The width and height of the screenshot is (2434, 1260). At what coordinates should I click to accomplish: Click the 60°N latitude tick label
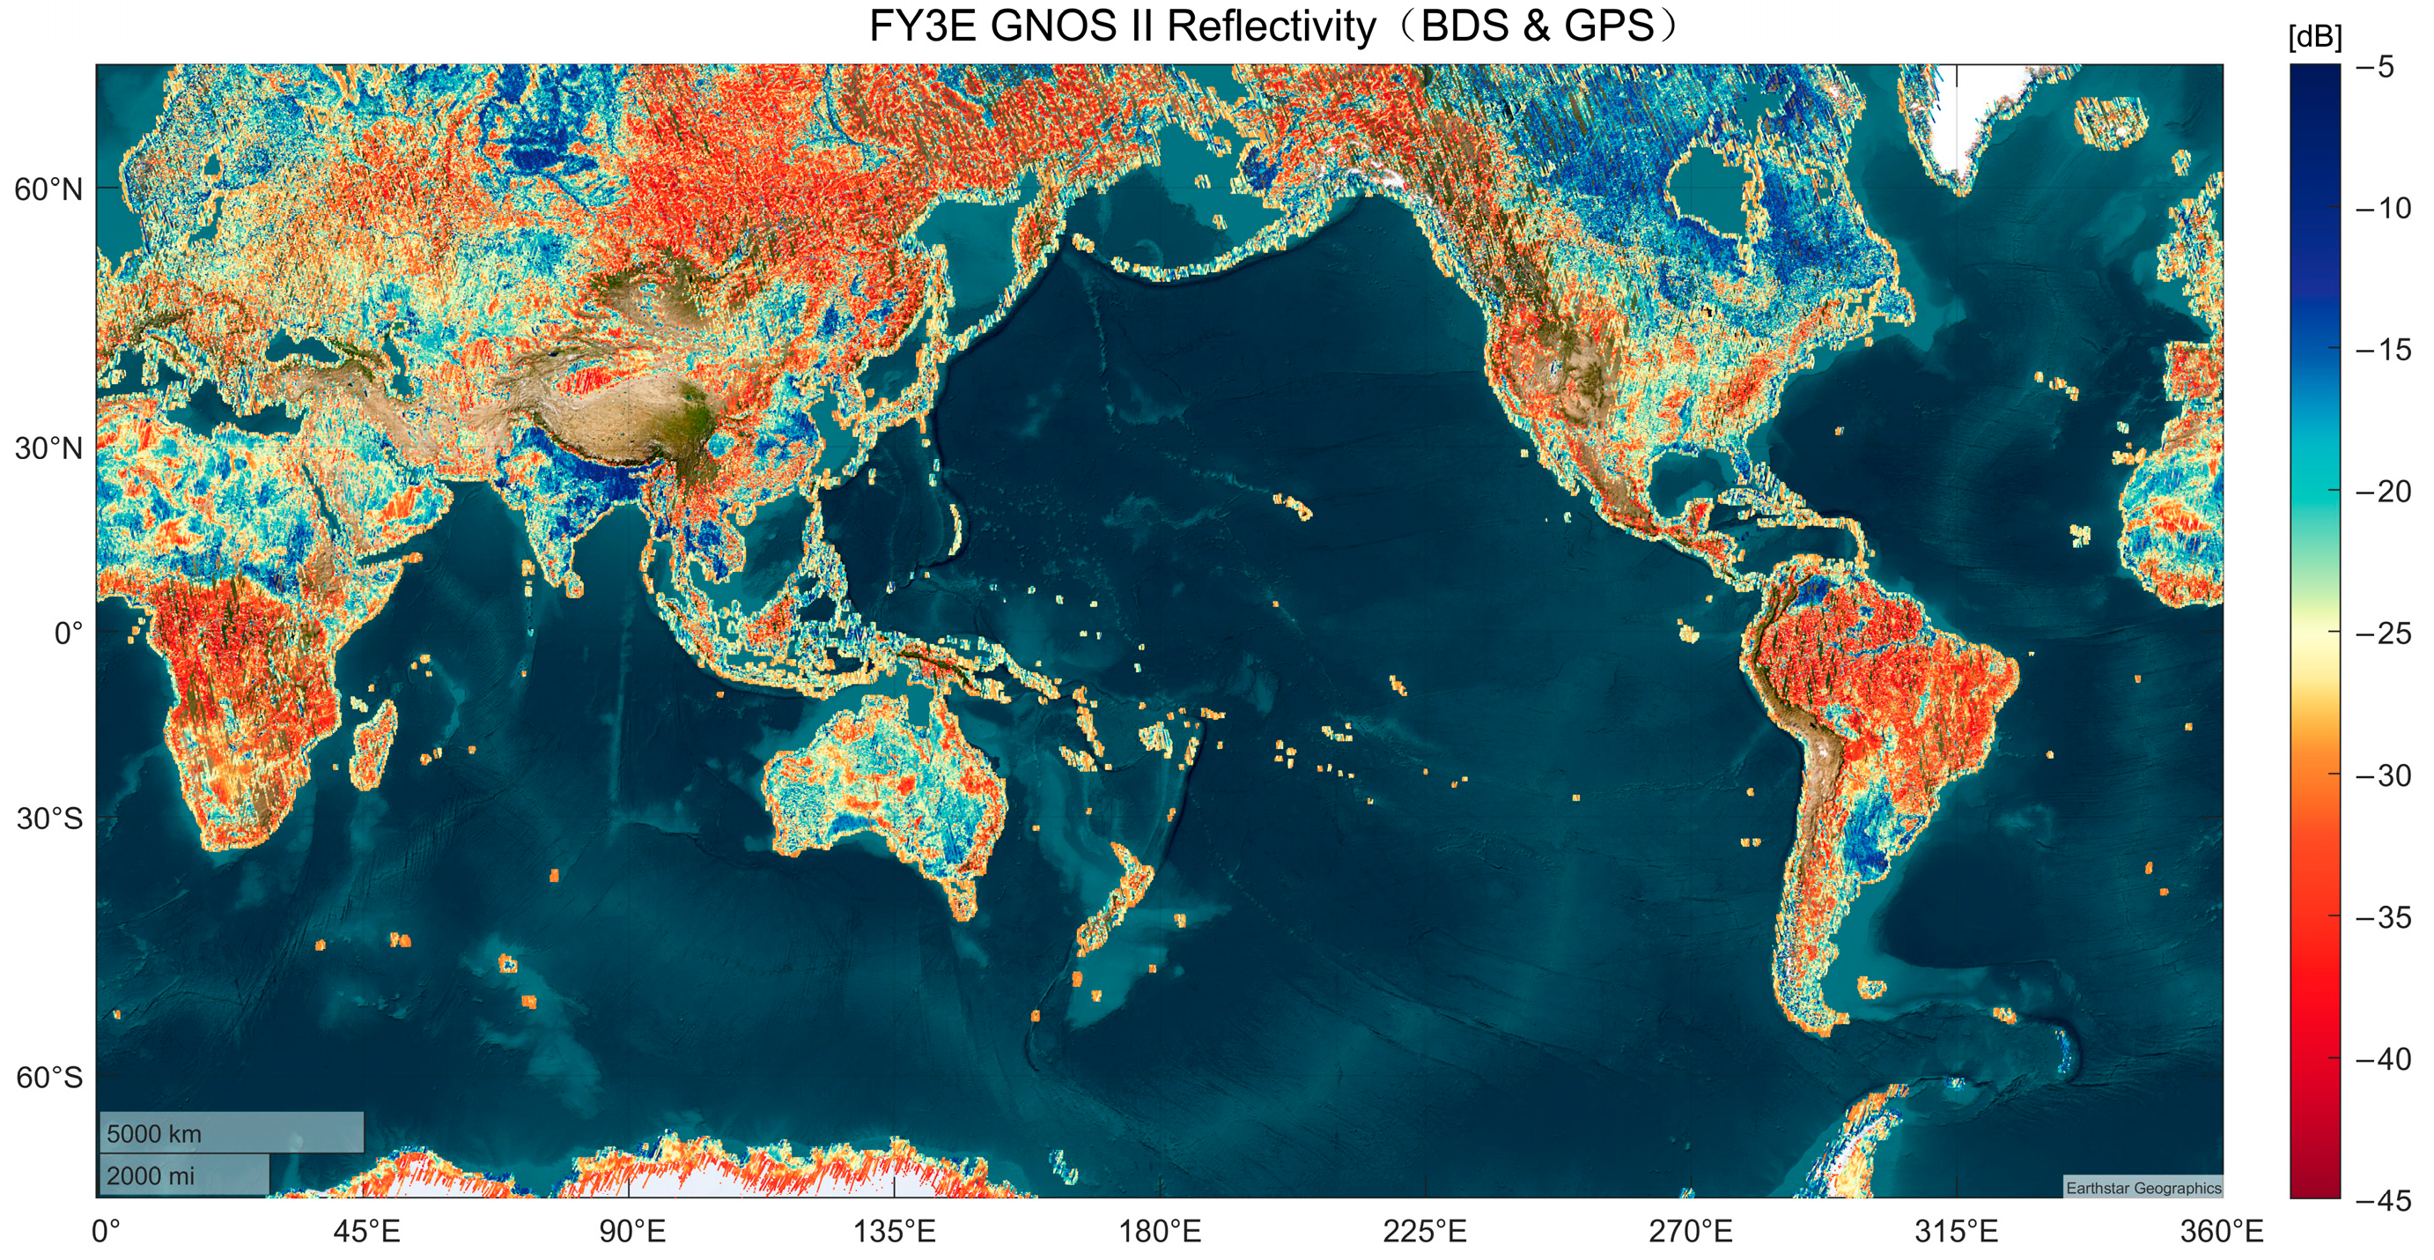pos(48,190)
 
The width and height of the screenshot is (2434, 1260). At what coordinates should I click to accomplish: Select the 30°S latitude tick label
pos(49,819)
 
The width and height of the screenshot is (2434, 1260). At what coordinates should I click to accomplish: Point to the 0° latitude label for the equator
pos(68,634)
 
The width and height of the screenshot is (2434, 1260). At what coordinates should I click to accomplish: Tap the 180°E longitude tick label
pos(1160,1232)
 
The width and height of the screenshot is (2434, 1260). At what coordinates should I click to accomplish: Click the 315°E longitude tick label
pos(1956,1232)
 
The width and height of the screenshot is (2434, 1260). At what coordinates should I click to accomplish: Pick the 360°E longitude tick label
pos(2222,1232)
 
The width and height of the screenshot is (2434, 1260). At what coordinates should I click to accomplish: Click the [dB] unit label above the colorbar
pos(2314,38)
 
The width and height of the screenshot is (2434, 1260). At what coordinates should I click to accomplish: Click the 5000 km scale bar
pos(231,1132)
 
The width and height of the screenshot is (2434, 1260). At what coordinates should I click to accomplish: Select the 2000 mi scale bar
pos(184,1175)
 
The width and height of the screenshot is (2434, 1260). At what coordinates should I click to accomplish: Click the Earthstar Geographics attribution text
pos(2143,1188)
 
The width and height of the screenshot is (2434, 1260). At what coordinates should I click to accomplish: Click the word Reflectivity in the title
pos(1271,26)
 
